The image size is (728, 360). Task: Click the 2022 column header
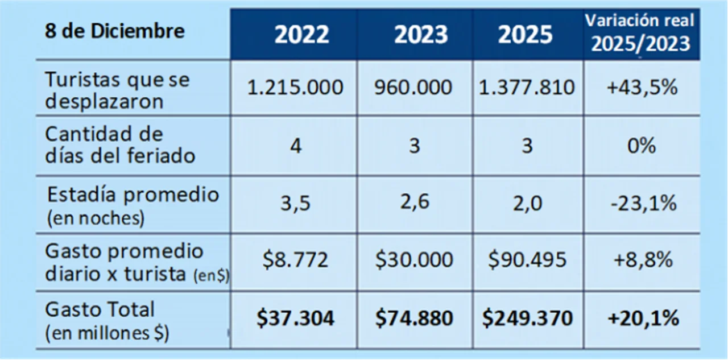pos(301,35)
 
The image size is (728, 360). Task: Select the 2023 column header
pos(421,35)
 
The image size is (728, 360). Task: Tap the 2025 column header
pos(526,35)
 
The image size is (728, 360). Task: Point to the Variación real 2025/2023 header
pos(640,32)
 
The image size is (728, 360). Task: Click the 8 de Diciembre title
pos(114,31)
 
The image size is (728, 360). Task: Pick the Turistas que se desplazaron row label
pos(117,90)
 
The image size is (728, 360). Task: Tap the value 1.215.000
pos(295,88)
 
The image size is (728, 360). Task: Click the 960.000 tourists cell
pos(413,88)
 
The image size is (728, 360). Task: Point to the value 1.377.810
pos(526,88)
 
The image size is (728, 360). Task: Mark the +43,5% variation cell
pos(642,88)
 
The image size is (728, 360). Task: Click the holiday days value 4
pos(295,146)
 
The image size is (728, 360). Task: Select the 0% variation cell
pos(642,146)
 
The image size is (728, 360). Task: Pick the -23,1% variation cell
pos(643,203)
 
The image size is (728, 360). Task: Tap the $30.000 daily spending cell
pos(414,260)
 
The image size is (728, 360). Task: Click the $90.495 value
pos(527,260)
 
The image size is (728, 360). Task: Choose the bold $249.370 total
pos(527,318)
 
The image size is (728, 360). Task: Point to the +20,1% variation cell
pos(643,318)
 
